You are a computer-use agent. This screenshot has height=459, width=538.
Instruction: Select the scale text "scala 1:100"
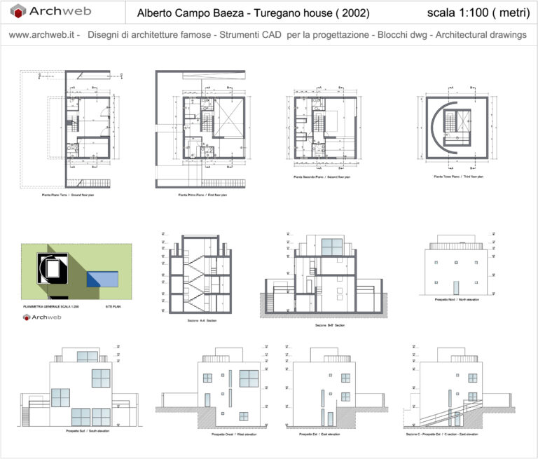[x=457, y=13]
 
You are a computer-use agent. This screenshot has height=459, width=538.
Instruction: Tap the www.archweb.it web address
[x=41, y=34]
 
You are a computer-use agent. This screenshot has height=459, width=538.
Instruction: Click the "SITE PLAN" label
[x=113, y=307]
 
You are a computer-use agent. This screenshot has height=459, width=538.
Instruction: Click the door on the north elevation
[x=456, y=287]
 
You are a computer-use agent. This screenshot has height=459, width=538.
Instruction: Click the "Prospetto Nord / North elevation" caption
[x=456, y=299]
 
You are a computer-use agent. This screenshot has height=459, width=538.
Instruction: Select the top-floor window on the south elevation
[x=87, y=356]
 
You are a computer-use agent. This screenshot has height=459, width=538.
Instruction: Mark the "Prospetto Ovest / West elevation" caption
[x=224, y=435]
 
